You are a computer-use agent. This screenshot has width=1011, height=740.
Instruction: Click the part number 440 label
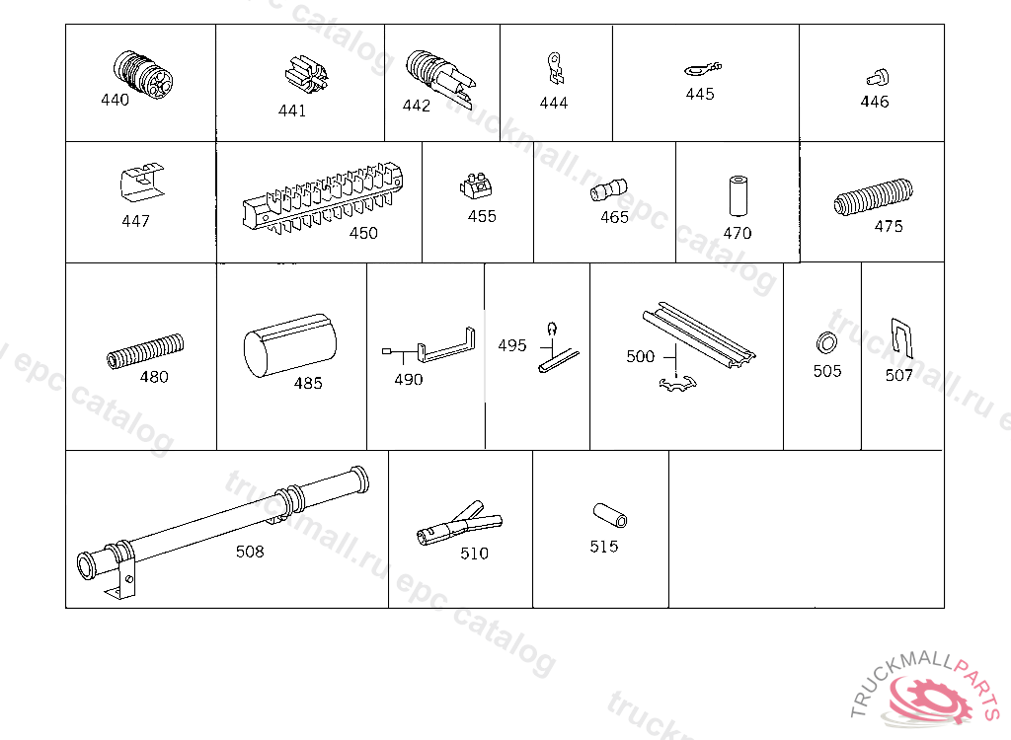(115, 100)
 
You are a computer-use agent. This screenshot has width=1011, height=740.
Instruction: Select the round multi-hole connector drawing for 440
(142, 74)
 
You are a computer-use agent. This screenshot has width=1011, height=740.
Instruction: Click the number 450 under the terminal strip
(363, 233)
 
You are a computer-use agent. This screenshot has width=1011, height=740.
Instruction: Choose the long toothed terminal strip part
(323, 196)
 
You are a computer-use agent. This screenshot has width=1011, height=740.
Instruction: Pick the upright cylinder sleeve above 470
(738, 195)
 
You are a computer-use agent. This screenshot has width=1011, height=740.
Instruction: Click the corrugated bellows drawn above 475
(874, 196)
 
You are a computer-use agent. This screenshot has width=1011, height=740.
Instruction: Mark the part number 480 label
(154, 377)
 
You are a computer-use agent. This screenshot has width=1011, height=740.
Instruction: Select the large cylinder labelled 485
(290, 345)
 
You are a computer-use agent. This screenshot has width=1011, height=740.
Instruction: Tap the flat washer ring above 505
(826, 342)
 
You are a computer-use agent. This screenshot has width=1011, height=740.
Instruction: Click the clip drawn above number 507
(902, 337)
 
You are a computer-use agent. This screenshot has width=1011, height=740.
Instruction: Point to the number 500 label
(640, 356)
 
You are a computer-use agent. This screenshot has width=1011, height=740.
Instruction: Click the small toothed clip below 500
(677, 384)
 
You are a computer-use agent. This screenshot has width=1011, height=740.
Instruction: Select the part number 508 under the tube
(250, 552)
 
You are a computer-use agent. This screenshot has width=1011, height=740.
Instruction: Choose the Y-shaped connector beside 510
(459, 523)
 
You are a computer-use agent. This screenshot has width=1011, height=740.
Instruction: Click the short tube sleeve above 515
(610, 515)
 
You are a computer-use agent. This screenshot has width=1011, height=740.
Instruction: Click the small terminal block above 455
(477, 185)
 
